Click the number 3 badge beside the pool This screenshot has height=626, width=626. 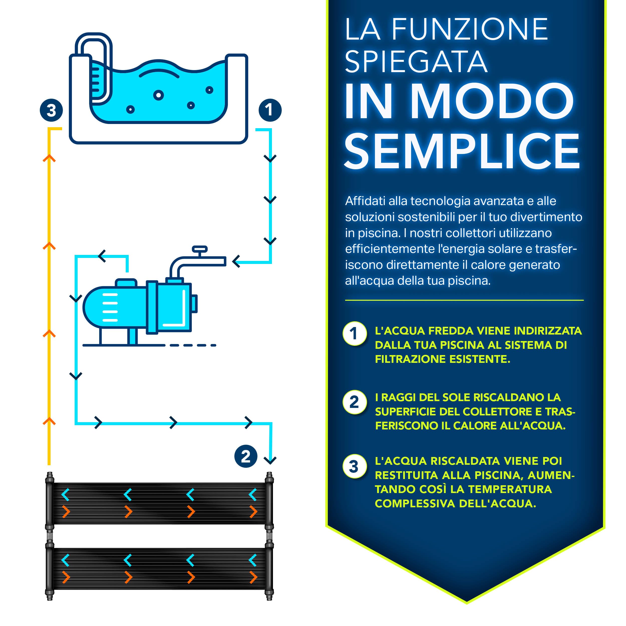pyautogui.click(x=51, y=110)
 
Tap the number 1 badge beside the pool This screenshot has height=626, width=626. pyautogui.click(x=270, y=110)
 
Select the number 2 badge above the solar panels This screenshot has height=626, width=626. pyautogui.click(x=246, y=456)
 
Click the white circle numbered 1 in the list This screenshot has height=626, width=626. pyautogui.click(x=355, y=334)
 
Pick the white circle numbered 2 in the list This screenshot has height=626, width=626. pyautogui.click(x=355, y=402)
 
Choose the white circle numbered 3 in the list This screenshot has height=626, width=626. pyautogui.click(x=355, y=466)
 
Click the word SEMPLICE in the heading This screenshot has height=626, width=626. pyautogui.click(x=462, y=151)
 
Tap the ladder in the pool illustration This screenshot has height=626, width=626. pyautogui.click(x=96, y=81)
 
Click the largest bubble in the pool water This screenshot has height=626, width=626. pyautogui.click(x=159, y=95)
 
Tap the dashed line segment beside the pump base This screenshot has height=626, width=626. pyautogui.click(x=193, y=345)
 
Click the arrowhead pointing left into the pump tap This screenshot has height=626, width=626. pyautogui.click(x=236, y=261)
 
